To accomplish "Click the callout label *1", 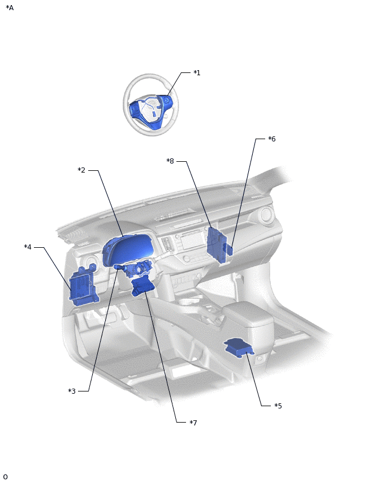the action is pos(197,73).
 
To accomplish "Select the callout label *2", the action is pos(81,170).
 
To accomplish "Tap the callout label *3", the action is pos(72,391).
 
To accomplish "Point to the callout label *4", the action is pos(28,247).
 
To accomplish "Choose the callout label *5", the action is pos(278,406).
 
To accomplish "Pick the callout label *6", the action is pos(272,139).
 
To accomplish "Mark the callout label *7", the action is pos(193,423).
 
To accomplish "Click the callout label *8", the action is pos(170,161).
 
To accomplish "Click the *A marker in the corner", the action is pos(10,8).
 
